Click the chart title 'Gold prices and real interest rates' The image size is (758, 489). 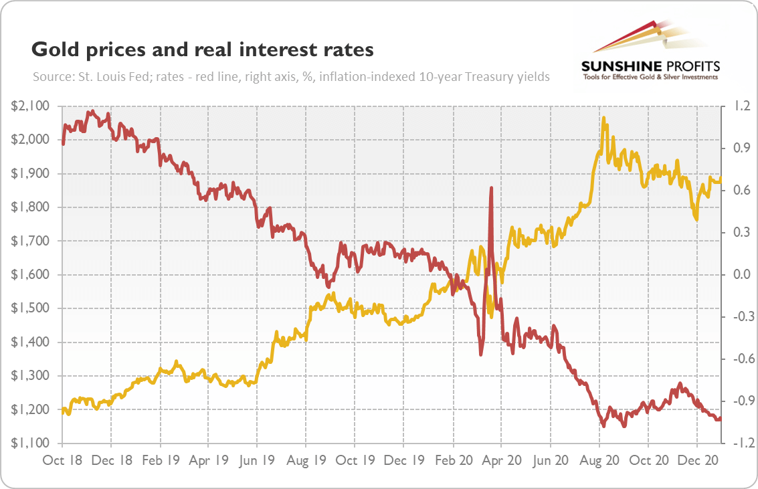(202, 50)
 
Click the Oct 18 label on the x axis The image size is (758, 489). (62, 461)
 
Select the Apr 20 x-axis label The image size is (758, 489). (502, 461)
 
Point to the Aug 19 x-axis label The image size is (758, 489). (306, 461)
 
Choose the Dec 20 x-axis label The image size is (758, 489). (697, 461)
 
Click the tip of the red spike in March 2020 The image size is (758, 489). (491, 189)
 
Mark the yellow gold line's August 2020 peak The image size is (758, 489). (603, 118)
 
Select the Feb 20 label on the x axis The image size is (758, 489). (453, 461)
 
